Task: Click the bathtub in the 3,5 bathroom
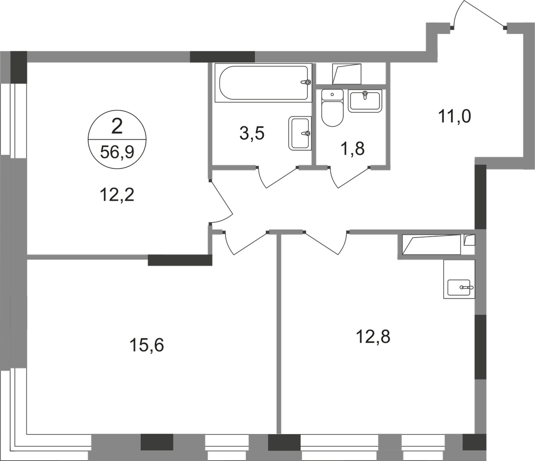263,83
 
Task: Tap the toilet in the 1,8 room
332,108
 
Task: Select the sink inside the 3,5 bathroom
300,133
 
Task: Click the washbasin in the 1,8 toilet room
365,101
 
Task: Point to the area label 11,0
454,116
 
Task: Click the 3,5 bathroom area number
252,134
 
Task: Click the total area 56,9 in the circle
117,152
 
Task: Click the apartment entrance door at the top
479,15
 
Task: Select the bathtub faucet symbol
306,82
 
